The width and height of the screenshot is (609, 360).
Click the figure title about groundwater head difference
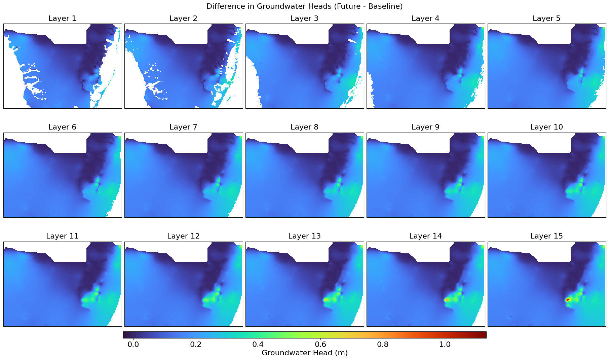tap(304, 6)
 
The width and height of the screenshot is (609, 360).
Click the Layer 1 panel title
tap(62, 19)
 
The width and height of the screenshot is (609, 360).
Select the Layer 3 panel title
tap(304, 19)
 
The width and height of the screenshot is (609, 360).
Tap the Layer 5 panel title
tap(546, 19)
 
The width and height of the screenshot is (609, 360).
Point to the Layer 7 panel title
tap(183, 127)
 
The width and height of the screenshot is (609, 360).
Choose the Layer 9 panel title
tap(425, 127)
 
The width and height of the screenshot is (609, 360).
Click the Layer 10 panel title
tap(546, 127)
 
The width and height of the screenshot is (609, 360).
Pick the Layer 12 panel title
tap(183, 236)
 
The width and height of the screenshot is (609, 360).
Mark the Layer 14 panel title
tap(425, 236)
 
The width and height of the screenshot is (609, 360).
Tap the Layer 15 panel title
tap(546, 236)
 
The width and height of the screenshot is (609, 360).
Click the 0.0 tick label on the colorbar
tap(133, 345)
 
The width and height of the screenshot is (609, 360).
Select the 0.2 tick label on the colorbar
tap(196, 345)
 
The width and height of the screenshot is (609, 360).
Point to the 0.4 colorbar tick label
tap(258, 345)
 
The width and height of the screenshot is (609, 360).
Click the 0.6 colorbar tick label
tap(320, 345)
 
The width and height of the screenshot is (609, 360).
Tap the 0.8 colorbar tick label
tap(383, 345)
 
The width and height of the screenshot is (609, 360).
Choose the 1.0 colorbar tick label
tap(445, 345)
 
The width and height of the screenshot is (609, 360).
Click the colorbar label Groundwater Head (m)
tap(304, 353)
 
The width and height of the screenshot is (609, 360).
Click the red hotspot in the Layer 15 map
tap(568, 299)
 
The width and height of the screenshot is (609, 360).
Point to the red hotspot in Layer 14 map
tap(446, 299)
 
